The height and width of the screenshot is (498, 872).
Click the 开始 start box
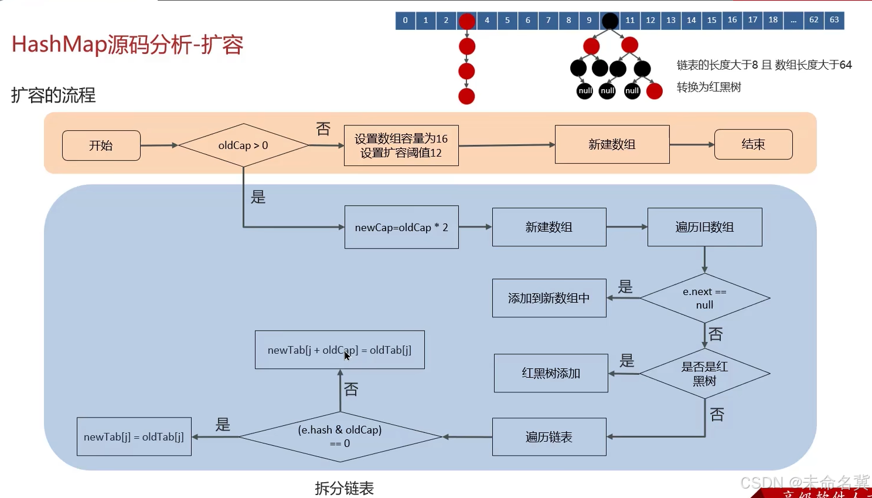[101, 145]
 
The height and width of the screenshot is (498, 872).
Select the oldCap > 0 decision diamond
[243, 145]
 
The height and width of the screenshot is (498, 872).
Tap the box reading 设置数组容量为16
[401, 145]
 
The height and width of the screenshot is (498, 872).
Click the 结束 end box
[753, 144]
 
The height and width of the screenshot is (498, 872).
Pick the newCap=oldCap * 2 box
[401, 227]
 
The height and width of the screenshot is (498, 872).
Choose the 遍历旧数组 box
[704, 227]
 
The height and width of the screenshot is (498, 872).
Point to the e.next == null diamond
[704, 298]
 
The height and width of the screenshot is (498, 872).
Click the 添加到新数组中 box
[549, 298]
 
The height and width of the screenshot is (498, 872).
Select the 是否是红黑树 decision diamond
[704, 374]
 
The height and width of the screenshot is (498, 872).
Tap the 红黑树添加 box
[551, 373]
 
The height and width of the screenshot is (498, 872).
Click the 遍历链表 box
[549, 437]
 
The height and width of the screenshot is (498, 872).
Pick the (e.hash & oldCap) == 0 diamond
[340, 436]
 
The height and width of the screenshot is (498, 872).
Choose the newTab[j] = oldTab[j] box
[134, 437]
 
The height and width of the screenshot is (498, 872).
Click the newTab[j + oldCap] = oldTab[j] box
[340, 350]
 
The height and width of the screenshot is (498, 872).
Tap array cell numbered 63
[834, 20]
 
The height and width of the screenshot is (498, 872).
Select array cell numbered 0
[405, 20]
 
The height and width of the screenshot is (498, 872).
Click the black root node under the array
[610, 21]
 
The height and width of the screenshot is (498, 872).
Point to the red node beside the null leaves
[654, 91]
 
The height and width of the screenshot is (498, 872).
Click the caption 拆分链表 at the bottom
[344, 488]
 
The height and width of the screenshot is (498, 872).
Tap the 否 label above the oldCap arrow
[323, 128]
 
